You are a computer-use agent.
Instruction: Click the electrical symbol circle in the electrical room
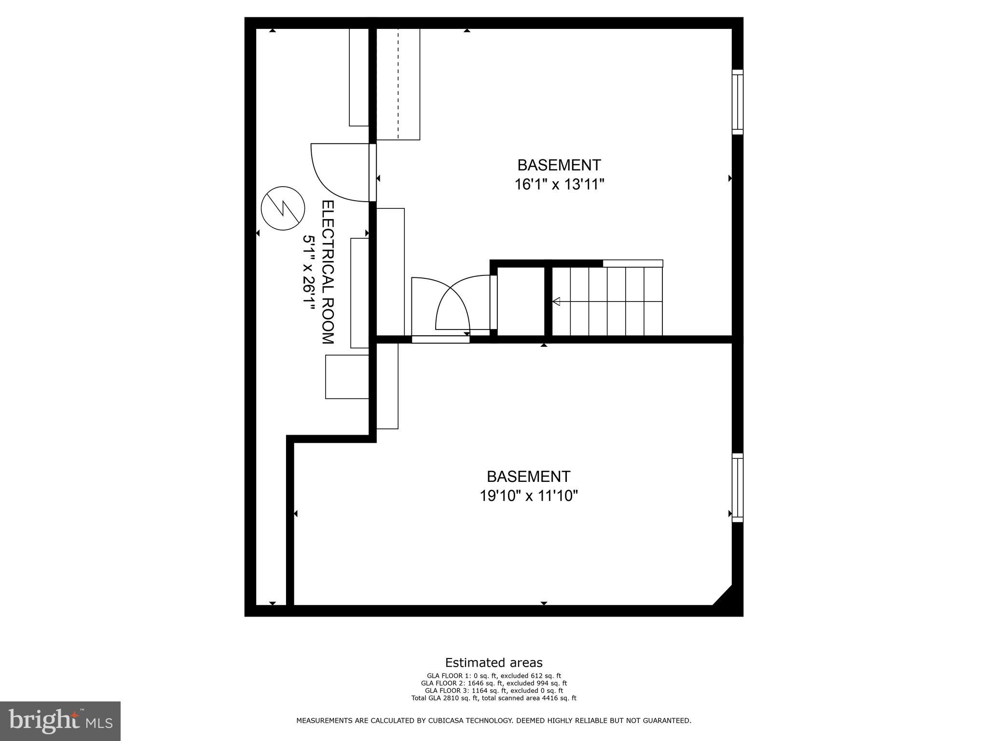(283, 208)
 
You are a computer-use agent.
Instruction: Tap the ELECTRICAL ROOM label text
(328, 272)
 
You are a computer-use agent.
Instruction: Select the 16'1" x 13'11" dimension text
(559, 185)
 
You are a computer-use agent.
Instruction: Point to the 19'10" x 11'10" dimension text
(528, 496)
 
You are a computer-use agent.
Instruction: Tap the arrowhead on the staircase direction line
(556, 302)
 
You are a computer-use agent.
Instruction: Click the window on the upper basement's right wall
(737, 102)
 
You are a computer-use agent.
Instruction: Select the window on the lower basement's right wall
(737, 487)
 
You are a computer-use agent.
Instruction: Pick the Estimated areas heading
(494, 662)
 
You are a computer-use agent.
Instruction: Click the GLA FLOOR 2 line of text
(494, 683)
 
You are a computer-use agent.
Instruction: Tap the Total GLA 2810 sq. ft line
(494, 698)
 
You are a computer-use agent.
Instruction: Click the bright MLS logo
(60, 721)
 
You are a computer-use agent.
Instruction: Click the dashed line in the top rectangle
(398, 84)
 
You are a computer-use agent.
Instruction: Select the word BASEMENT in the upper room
(559, 165)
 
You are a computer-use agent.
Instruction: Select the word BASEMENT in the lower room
(528, 477)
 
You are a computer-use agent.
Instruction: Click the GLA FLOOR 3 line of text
(494, 690)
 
